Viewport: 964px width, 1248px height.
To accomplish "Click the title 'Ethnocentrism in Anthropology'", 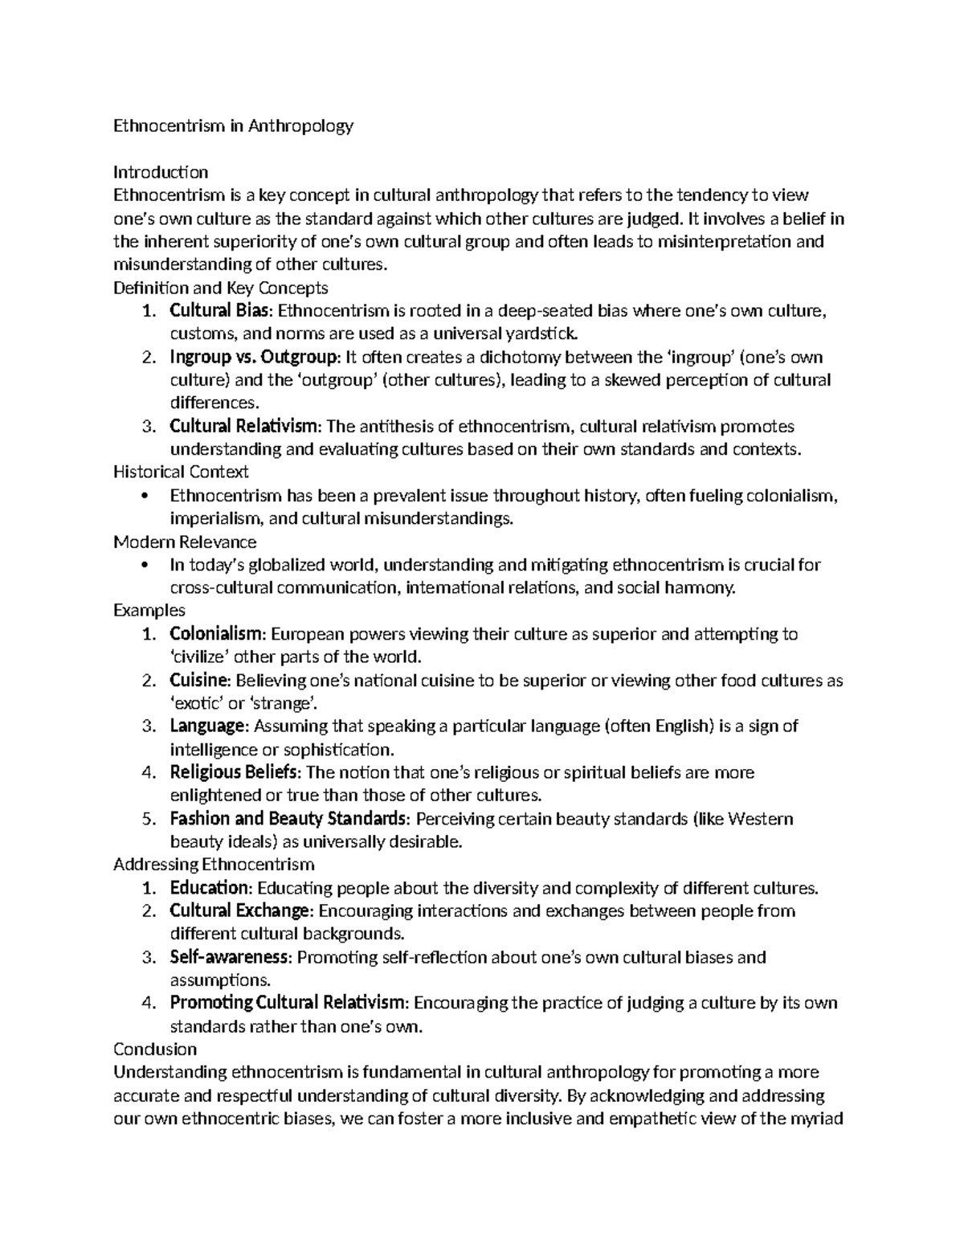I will coord(233,126).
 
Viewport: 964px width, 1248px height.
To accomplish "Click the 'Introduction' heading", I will coord(161,172).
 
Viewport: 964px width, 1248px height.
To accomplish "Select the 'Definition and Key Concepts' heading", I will coord(221,288).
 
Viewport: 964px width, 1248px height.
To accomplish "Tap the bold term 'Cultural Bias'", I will coord(221,311).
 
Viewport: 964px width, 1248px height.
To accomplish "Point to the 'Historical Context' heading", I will coord(181,472).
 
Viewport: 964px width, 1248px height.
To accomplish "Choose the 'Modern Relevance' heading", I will coord(185,542).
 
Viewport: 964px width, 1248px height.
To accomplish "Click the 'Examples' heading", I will coord(149,611).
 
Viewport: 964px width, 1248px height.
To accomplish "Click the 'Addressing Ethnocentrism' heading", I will coord(214,865).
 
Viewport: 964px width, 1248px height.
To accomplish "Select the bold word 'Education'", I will coord(210,888).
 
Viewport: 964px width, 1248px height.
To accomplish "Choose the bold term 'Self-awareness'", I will coord(229,957).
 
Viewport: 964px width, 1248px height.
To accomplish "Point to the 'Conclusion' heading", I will coord(155,1050).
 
